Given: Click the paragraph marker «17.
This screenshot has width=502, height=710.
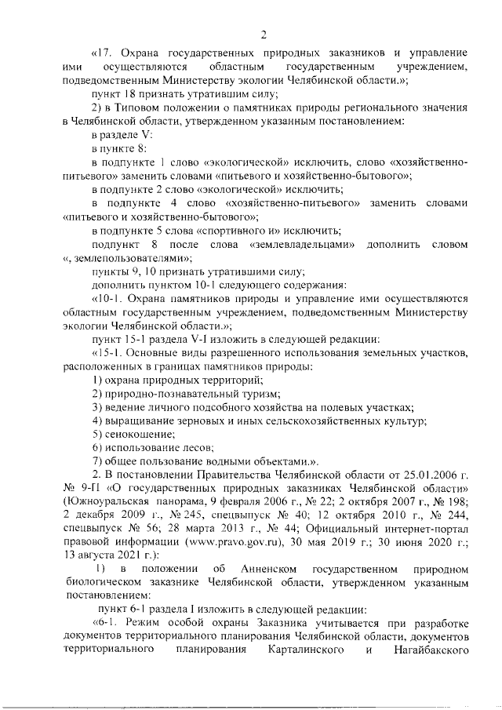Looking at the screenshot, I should click(x=104, y=53).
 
